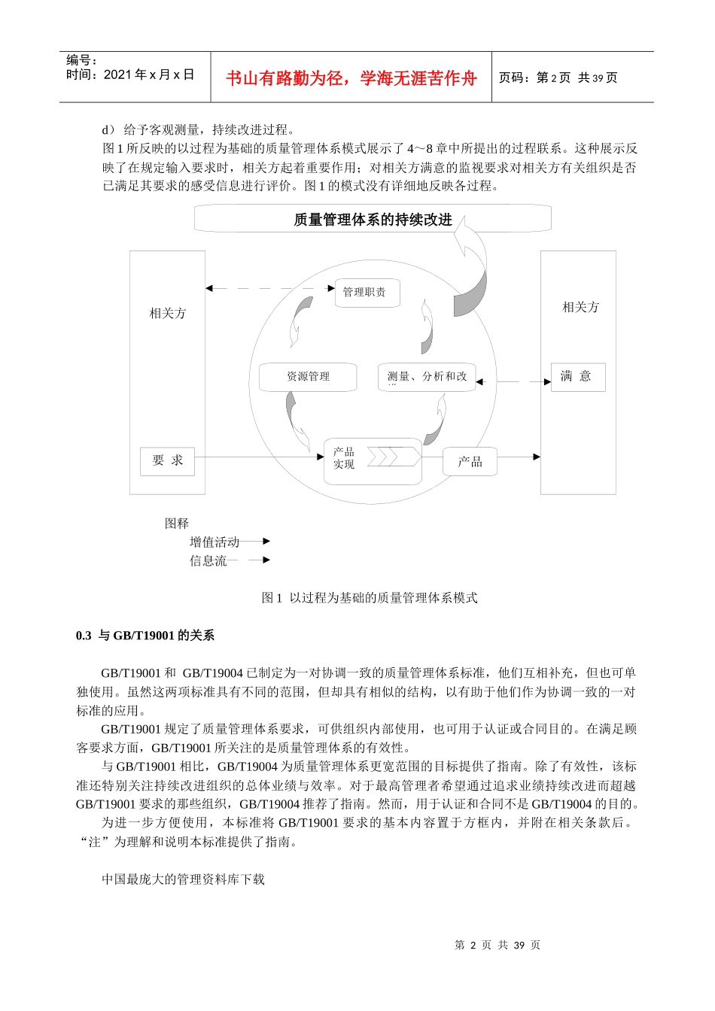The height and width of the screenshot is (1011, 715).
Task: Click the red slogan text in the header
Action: pos(351,78)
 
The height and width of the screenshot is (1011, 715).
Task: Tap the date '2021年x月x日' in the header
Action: pos(149,74)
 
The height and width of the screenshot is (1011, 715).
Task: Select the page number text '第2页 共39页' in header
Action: pos(577,78)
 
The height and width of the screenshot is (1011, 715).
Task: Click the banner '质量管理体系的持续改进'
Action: pos(373,220)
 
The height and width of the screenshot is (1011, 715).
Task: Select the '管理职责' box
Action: pos(366,292)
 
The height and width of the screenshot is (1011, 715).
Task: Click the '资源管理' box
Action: pos(308,376)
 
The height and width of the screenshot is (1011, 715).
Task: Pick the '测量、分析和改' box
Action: pos(427,376)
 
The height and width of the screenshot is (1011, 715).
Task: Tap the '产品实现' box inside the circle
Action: pos(372,458)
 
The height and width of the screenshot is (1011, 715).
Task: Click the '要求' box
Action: pos(167,460)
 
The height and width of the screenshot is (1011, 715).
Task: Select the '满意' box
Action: pos(577,377)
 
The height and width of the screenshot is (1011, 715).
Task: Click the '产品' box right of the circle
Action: pos(470,461)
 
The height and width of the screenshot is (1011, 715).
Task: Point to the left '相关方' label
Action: pos(167,313)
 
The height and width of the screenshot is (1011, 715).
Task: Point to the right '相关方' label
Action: pos(580,307)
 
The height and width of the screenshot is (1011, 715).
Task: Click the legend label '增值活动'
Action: pos(214,542)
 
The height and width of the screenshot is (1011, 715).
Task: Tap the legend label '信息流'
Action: pos(208,560)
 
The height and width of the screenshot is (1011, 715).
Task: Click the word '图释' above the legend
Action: pos(177,524)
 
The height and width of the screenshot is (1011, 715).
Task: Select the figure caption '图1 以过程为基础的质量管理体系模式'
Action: pos(370,598)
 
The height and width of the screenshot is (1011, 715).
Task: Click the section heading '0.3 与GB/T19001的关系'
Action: pos(145,636)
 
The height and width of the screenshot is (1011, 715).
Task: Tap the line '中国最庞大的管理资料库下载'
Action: pos(183,879)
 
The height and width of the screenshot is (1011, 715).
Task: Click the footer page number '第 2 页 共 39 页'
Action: pos(497,945)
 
